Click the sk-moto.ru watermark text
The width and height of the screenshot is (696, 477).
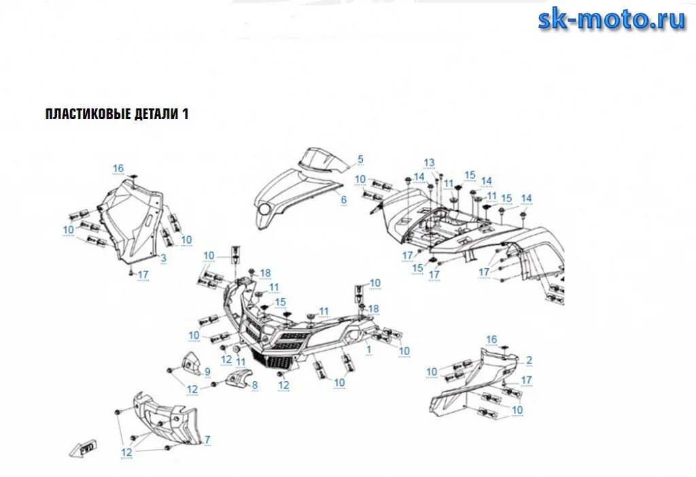(x=612, y=20)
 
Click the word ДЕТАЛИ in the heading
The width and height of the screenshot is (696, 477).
(x=156, y=114)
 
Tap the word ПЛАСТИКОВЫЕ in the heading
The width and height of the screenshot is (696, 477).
(x=88, y=114)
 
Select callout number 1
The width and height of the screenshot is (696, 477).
(x=369, y=348)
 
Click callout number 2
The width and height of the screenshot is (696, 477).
(x=529, y=360)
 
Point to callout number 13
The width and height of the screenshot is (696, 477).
(x=429, y=163)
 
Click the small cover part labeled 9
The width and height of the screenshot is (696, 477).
(x=190, y=364)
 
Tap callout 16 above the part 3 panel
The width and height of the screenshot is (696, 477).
(x=118, y=169)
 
